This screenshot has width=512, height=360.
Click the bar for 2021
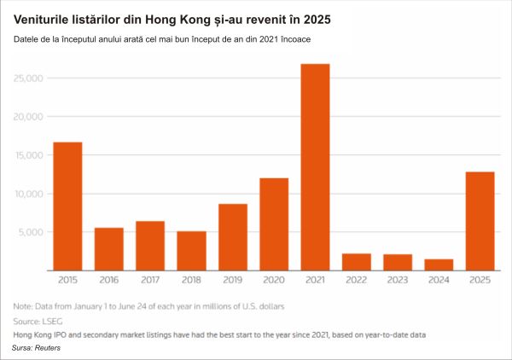(315, 167)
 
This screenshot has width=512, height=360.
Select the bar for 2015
(67, 206)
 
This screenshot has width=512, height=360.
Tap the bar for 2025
(480, 221)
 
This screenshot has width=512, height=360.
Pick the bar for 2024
(439, 264)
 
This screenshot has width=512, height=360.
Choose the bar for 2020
(274, 224)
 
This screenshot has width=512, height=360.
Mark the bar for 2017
(150, 246)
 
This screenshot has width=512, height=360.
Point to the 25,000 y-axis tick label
(28, 78)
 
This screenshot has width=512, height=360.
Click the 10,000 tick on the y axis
(28, 194)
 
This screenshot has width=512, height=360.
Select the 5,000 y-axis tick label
(31, 232)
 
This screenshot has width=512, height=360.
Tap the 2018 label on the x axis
(191, 280)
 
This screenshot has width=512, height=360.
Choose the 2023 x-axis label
(398, 280)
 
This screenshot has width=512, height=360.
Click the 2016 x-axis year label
(108, 280)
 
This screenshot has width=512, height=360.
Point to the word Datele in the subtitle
(27, 39)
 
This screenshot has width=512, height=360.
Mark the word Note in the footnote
(22, 305)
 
